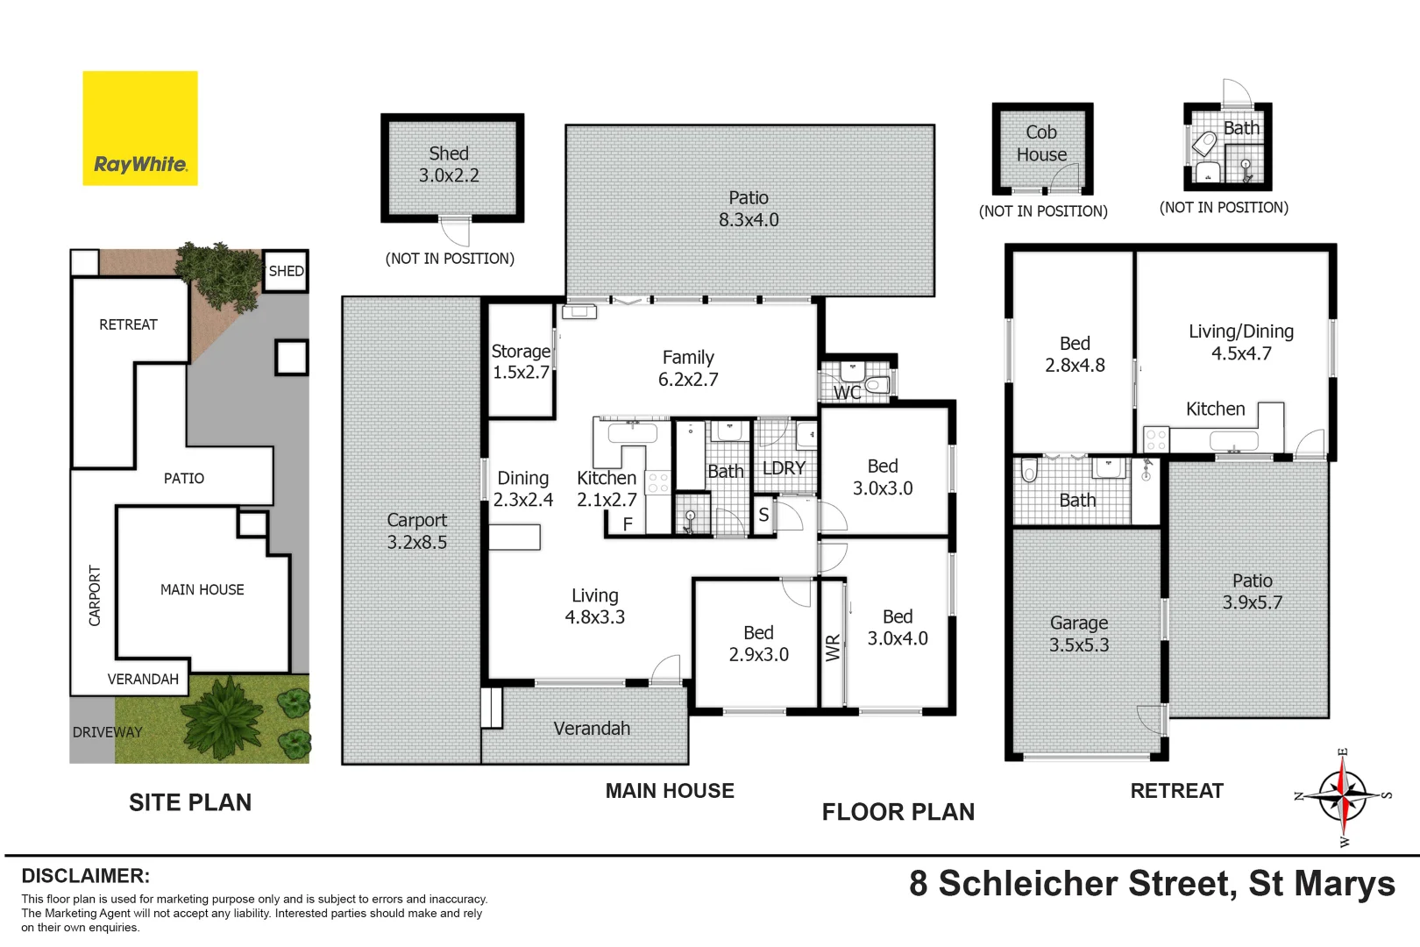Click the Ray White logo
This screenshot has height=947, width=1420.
point(140,129)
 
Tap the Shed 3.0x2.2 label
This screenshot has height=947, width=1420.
point(449,164)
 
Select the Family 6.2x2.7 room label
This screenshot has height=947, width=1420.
point(688,368)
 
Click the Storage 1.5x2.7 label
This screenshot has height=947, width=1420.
point(521,361)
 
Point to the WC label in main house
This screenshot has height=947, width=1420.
point(847,393)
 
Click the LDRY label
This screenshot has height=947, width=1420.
point(784,468)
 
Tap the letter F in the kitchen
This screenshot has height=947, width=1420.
point(628,524)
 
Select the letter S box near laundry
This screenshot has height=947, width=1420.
point(763,515)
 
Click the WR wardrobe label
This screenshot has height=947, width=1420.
point(833,647)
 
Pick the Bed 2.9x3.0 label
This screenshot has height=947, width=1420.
point(758,644)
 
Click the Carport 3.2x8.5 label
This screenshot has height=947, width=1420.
point(416,531)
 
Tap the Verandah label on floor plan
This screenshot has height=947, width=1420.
point(592,729)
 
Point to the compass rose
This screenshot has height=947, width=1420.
point(1342,796)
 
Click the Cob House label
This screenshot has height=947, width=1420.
point(1041,143)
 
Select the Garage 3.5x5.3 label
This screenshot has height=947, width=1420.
point(1079,634)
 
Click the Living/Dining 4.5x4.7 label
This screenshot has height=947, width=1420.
point(1241,342)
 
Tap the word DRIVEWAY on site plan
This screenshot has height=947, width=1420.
point(107,732)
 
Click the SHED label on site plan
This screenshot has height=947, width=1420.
point(286,271)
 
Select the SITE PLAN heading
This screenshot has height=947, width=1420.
point(190,802)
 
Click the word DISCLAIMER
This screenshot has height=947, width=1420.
point(85,876)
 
